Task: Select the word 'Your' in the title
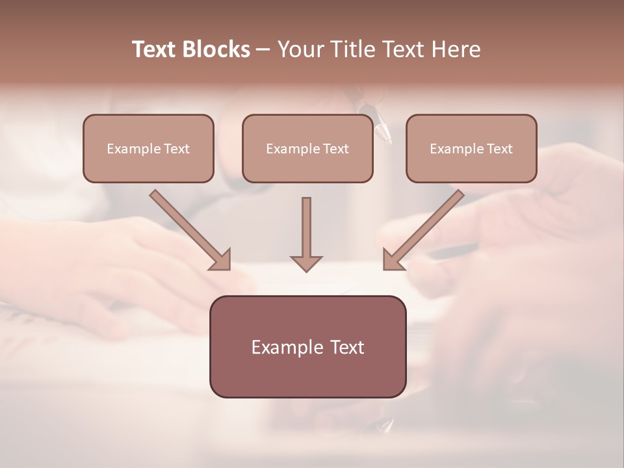(x=300, y=49)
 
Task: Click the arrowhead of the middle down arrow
(x=306, y=263)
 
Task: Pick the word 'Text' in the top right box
(x=500, y=149)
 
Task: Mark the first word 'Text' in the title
(x=155, y=49)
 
